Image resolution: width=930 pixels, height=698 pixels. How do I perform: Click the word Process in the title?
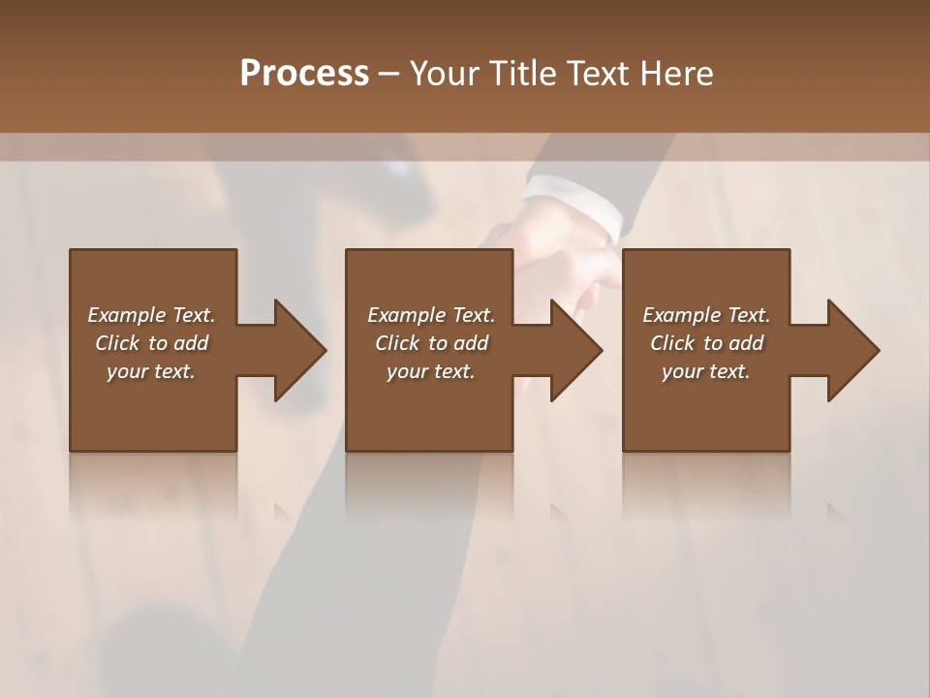pos(304,73)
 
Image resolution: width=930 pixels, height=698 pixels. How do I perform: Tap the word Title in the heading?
pos(521,73)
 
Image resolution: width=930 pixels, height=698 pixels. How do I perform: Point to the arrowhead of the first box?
pos(299,351)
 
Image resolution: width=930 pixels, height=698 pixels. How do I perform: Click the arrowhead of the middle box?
pos(575,351)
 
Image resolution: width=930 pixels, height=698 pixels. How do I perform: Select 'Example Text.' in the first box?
pos(151,315)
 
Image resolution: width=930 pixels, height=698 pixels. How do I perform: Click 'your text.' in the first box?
pos(151,371)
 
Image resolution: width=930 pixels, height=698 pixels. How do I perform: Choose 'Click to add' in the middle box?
pos(431,343)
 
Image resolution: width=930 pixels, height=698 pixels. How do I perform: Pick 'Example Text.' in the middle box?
pos(431,315)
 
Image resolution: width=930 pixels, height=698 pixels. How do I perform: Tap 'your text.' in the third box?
pos(706,371)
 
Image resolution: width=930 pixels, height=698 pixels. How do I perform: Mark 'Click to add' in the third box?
pos(706,343)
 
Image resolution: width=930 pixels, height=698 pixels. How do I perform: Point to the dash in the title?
pos(389,74)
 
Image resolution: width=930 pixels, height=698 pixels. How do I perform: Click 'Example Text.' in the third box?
pos(706,315)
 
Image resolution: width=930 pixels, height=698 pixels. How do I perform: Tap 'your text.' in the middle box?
pos(431,371)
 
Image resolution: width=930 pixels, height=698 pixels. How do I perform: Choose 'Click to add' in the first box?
pos(151,343)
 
